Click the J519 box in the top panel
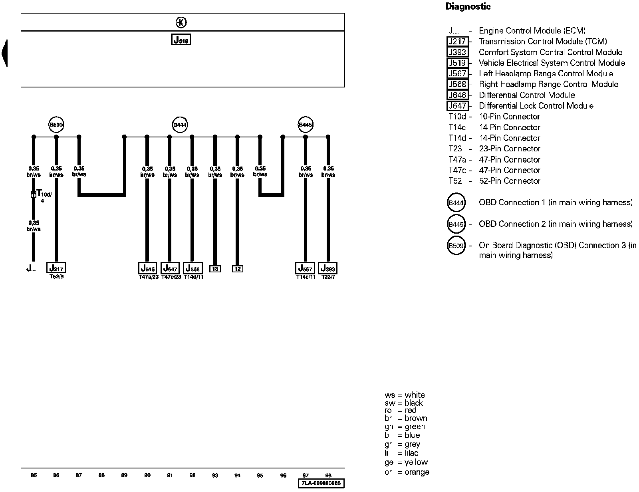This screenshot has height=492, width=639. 181,40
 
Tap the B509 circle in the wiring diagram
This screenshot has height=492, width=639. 56,125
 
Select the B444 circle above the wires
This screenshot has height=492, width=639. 180,125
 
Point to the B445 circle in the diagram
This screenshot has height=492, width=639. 306,125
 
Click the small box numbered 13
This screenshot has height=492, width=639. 215,269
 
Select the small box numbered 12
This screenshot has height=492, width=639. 238,269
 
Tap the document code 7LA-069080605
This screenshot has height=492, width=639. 321,484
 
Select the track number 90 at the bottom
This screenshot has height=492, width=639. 147,475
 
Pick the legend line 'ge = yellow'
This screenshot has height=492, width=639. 406,462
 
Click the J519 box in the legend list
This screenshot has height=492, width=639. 457,63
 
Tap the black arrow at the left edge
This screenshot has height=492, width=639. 4,53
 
